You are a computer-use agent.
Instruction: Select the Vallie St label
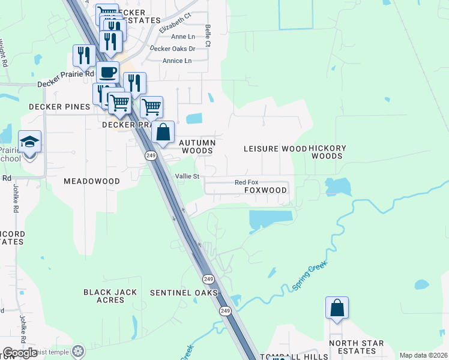tap(187, 176)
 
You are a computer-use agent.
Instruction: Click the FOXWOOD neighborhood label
tap(265, 190)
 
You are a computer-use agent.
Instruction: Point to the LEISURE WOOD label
tap(275, 148)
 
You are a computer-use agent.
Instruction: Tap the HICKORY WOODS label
tap(328, 152)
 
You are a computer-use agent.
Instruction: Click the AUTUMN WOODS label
tap(197, 146)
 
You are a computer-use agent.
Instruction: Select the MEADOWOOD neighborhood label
tap(92, 181)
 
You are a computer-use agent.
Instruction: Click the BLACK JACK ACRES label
tap(110, 296)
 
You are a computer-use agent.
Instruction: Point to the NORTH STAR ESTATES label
tap(356, 347)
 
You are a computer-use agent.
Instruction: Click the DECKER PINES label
tap(59, 107)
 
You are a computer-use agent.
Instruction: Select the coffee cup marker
tap(107, 73)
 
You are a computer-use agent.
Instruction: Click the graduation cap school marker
tap(29, 142)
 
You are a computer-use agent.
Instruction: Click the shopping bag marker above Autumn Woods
tap(163, 132)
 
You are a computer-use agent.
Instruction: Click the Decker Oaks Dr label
tap(172, 49)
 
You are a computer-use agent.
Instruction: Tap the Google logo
tap(20, 353)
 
